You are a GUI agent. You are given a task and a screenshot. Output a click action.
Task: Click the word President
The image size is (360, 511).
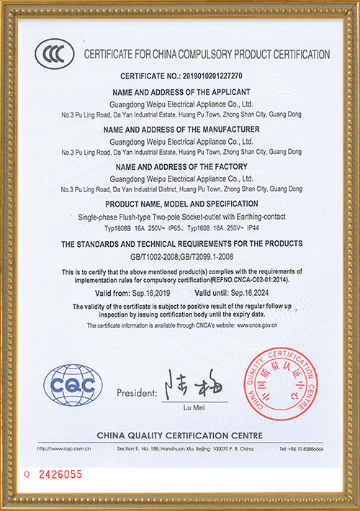(x=135, y=394)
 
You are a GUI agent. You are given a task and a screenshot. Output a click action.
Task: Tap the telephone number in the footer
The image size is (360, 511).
(x=302, y=448)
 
